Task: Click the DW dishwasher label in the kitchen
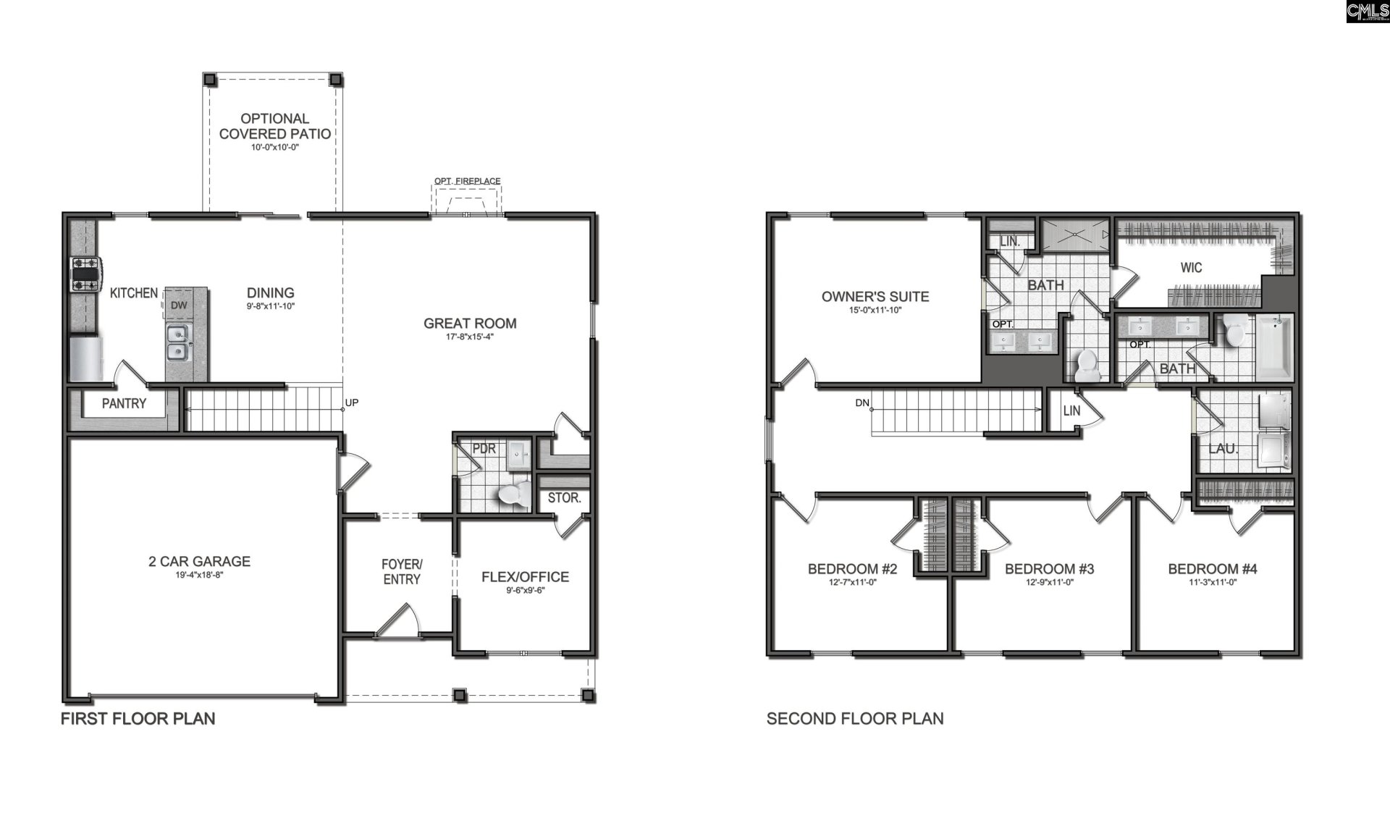coord(178,306)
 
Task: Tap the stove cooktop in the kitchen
coord(84,274)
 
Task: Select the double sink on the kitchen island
coord(177,342)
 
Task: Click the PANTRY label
coord(124,403)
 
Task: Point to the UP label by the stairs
coord(352,403)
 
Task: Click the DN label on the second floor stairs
coord(862,403)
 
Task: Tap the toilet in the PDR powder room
coord(513,494)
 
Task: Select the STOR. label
coord(564,498)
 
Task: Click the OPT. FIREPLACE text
coord(467,181)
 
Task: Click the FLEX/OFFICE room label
coord(525,577)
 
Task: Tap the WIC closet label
coord(1191,268)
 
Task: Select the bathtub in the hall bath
coord(1275,349)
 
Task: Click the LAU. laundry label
coord(1222,449)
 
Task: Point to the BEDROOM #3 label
coord(1049,569)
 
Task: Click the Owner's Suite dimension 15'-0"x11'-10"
coord(875,310)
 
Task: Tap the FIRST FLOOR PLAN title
coord(138,718)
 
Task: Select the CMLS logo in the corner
coord(1367,12)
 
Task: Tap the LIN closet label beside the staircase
coord(1071,411)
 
